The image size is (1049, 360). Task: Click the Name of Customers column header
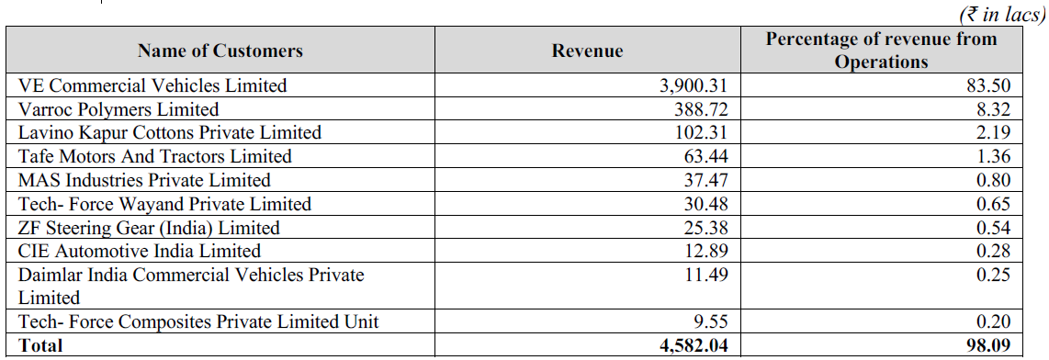click(220, 51)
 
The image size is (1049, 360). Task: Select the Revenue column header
click(587, 51)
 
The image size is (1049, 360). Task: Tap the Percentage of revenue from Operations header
click(882, 51)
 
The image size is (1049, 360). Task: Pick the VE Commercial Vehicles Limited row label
click(152, 85)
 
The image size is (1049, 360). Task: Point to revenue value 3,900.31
click(694, 85)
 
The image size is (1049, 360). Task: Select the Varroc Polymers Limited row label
click(118, 109)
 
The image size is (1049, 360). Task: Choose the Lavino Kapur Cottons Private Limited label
click(170, 132)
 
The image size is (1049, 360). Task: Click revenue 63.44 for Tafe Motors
click(705, 156)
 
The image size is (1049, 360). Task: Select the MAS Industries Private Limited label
click(144, 180)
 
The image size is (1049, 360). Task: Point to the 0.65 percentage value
click(992, 204)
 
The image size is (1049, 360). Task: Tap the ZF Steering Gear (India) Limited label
click(149, 228)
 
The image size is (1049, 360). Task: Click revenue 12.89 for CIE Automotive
click(705, 252)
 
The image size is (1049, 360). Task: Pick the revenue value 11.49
click(705, 275)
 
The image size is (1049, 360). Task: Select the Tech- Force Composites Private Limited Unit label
click(198, 321)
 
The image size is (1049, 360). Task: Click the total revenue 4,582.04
click(694, 345)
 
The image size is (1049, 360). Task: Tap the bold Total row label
click(40, 345)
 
